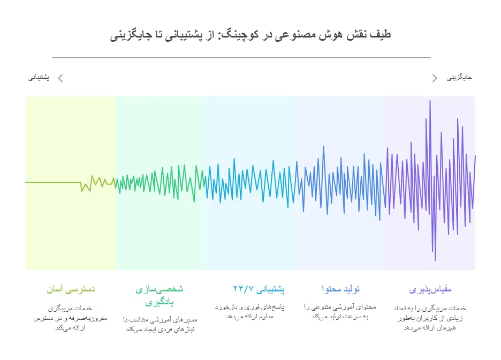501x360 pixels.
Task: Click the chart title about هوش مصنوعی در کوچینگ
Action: pyautogui.click(x=250, y=35)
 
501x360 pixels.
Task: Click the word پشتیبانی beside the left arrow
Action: pyautogui.click(x=39, y=78)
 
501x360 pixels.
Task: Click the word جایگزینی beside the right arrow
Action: pyautogui.click(x=459, y=77)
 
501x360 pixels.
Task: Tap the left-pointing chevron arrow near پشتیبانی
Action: pyautogui.click(x=60, y=78)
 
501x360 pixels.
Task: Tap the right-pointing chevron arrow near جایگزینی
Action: pyautogui.click(x=435, y=78)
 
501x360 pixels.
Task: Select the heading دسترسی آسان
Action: pyautogui.click(x=71, y=289)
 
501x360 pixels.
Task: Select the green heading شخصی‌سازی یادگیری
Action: pyautogui.click(x=160, y=295)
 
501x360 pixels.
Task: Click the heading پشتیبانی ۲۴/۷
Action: pyautogui.click(x=259, y=289)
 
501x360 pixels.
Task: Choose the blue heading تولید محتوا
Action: pyautogui.click(x=340, y=289)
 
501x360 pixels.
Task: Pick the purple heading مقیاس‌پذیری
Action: pyautogui.click(x=430, y=290)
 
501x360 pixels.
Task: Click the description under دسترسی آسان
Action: pyautogui.click(x=70, y=318)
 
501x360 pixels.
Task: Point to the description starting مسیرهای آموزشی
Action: pyautogui.click(x=160, y=324)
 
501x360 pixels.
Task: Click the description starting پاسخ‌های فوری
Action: pyautogui.click(x=249, y=312)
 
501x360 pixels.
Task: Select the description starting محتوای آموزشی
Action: pyautogui.click(x=340, y=312)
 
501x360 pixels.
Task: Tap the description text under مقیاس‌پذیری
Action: pyautogui.click(x=430, y=318)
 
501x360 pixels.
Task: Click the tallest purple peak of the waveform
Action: pyautogui.click(x=430, y=101)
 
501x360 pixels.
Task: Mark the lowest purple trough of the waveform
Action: pyautogui.click(x=435, y=260)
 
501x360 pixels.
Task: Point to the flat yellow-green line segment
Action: pyautogui.click(x=53, y=183)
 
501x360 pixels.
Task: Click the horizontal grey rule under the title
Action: pyautogui.click(x=241, y=57)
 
